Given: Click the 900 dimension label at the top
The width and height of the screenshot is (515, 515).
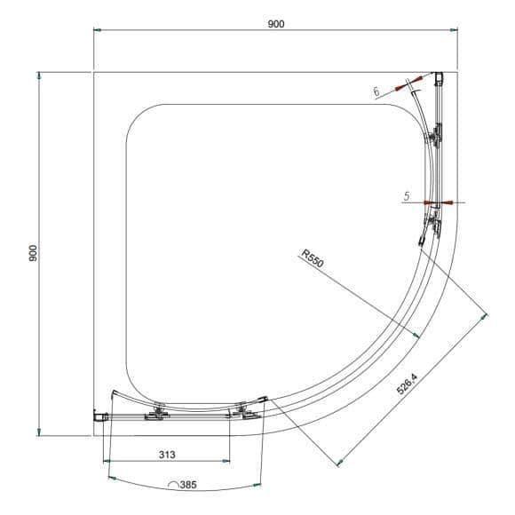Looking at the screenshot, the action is coord(276,24).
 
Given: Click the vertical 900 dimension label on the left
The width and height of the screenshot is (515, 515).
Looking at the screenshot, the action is coord(34,253).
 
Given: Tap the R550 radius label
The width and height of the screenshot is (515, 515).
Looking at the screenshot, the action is coord(313,258).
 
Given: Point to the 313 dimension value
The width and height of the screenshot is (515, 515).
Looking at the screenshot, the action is coord(167,455).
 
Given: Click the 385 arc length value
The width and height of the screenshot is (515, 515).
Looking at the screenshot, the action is coord(188,485).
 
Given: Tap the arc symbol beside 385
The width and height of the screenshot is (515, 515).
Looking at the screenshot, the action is coord(173,484).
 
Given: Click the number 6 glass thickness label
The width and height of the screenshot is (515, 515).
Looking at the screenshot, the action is coord(376,91).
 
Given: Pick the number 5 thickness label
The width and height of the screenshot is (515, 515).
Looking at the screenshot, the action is coord(407,196).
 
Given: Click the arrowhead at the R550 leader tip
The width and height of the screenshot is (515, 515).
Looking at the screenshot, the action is coord(416,335).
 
